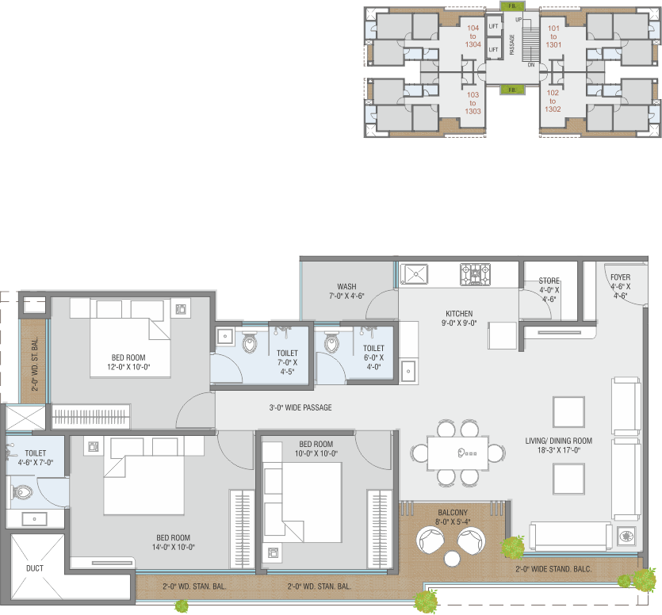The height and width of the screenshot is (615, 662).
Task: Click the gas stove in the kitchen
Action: [x=475, y=274]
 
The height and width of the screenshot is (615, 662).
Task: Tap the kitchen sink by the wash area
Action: [x=414, y=274]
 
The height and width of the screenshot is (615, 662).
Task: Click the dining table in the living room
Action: [x=457, y=453]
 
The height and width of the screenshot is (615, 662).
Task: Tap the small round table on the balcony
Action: [x=452, y=559]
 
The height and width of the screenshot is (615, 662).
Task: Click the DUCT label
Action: [x=35, y=568]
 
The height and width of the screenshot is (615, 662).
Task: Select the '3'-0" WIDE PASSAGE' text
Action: [x=300, y=407]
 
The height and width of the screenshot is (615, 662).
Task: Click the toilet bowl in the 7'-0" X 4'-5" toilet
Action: [x=250, y=342]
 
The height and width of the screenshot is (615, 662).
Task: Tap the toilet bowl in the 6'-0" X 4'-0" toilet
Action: [x=332, y=342]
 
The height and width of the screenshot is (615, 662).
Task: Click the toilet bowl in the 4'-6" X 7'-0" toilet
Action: [x=22, y=492]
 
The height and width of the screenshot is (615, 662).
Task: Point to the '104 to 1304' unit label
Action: [x=473, y=36]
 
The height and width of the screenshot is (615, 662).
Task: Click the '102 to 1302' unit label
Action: [x=553, y=101]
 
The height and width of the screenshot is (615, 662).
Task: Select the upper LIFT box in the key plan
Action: [x=494, y=26]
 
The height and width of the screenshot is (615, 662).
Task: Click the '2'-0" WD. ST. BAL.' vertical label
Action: [x=35, y=364]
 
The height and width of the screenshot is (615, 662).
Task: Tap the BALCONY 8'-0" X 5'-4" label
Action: [x=453, y=517]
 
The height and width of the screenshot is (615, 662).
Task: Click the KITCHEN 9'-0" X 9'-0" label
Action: [x=459, y=319]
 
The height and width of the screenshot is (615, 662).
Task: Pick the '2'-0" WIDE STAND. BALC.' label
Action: [x=553, y=569]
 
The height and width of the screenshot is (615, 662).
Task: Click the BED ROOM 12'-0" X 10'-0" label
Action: [x=128, y=362]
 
